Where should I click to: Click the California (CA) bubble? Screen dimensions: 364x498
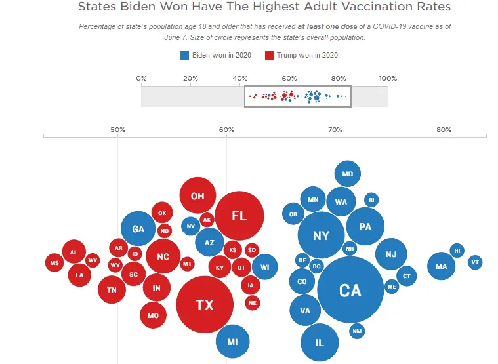coord(350,289)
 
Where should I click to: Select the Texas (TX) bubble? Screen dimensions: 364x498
coord(205,304)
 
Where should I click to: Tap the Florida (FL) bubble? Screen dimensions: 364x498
coord(239,216)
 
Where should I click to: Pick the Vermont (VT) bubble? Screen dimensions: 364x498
coord(476,262)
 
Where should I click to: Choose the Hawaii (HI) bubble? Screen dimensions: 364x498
coord(457,250)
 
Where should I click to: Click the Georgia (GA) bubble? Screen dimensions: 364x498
coord(138,229)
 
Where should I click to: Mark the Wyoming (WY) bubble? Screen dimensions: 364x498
coord(93,260)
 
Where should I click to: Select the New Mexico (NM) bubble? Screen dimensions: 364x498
coord(357,331)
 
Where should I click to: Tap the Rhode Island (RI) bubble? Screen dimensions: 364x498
coord(371,200)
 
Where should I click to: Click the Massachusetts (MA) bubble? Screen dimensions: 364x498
coord(441,266)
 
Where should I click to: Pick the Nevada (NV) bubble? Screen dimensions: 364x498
coord(190,226)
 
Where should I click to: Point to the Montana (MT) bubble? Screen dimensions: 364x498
coord(187,264)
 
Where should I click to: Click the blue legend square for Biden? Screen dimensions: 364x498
coord(184,55)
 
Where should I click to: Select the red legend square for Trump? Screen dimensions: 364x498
coord(269,55)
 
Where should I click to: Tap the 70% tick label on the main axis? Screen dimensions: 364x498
coord(335,129)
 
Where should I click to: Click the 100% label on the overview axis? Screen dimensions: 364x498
coord(388,79)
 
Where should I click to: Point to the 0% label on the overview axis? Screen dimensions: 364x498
coord(141,79)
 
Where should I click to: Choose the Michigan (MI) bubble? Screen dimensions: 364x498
coord(232,341)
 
